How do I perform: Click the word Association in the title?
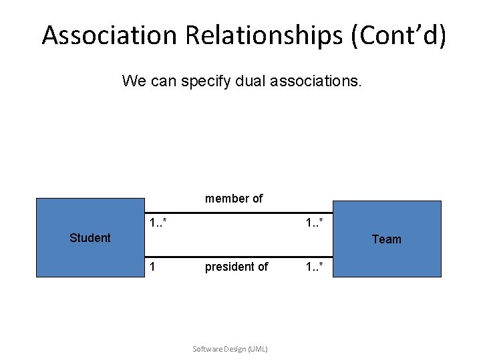[110, 35]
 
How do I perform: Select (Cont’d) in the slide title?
[398, 35]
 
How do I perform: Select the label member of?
[234, 199]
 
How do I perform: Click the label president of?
[236, 267]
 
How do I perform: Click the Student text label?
[90, 238]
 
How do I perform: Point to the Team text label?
[387, 239]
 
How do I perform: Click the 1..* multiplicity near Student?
[158, 222]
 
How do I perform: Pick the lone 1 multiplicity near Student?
[153, 267]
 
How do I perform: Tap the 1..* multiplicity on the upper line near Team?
[315, 222]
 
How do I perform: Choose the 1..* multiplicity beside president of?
[315, 267]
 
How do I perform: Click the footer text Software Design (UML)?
[230, 349]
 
